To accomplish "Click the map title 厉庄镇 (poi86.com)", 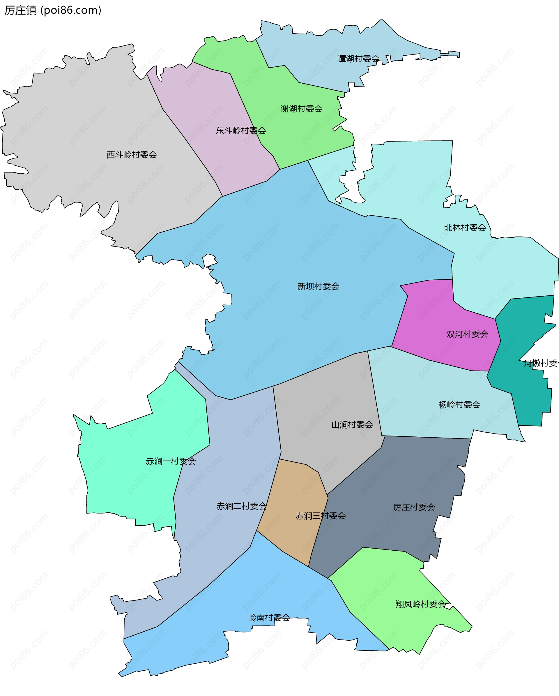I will pyautogui.click(x=53, y=10).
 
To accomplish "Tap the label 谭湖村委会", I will pyautogui.click(x=358, y=59).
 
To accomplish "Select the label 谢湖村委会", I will pyautogui.click(x=301, y=109).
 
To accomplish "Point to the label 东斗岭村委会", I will pyautogui.click(x=240, y=131).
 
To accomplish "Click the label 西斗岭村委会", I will pyautogui.click(x=132, y=155).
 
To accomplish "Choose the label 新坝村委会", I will pyautogui.click(x=318, y=286).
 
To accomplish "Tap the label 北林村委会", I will pyautogui.click(x=465, y=228).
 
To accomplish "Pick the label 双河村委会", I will pyautogui.click(x=467, y=334).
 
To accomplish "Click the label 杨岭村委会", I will pyautogui.click(x=459, y=405).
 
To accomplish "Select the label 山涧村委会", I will pyautogui.click(x=352, y=425).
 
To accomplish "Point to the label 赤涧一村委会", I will pyautogui.click(x=171, y=461).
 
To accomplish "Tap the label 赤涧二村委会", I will pyautogui.click(x=241, y=506).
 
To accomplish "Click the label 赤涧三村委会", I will pyautogui.click(x=320, y=516).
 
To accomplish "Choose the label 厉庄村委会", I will pyautogui.click(x=414, y=507).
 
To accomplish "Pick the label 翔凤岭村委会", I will pyautogui.click(x=421, y=604).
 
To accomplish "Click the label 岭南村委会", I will pyautogui.click(x=269, y=618).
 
